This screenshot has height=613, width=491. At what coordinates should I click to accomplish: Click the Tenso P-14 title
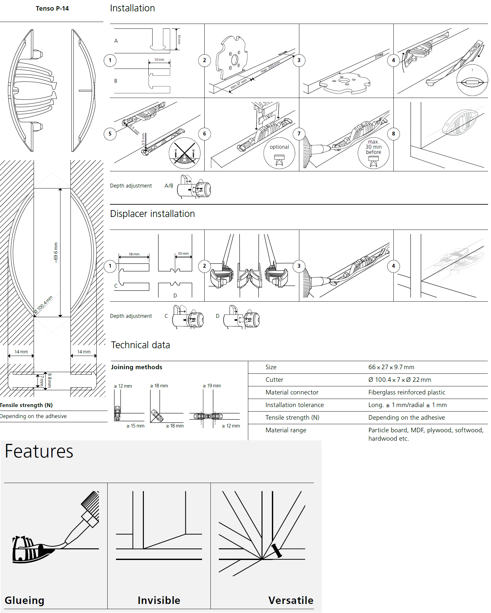coord(52,9)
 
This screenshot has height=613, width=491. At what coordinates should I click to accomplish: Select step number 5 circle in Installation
coord(110,134)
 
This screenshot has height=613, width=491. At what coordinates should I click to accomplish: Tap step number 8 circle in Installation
coord(393,134)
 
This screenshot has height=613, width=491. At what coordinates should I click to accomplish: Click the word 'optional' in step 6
coord(279,147)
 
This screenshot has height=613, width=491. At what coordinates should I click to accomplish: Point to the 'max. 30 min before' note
coord(373,147)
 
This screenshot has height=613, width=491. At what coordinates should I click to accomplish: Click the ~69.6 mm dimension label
coord(56,253)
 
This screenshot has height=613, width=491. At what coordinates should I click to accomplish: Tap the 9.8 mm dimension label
coord(49,380)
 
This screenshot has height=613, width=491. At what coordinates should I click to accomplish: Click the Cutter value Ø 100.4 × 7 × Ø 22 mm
coord(400,380)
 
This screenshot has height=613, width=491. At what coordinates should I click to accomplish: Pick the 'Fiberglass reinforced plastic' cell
coord(407,393)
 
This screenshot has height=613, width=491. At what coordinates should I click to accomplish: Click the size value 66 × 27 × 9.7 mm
coord(391,367)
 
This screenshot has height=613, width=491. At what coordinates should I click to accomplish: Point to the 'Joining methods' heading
coord(136,367)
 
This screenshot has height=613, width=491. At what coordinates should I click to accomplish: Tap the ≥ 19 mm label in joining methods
coord(212,386)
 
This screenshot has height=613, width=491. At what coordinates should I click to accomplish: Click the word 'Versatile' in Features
coord(291,600)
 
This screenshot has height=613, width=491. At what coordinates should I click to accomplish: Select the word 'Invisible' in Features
coord(159,600)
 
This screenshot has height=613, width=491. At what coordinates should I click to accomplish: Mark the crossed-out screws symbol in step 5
coord(185,153)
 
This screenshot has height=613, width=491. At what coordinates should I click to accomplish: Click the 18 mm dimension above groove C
coord(134,254)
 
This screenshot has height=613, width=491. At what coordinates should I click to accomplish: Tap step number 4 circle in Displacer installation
coord(393,266)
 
